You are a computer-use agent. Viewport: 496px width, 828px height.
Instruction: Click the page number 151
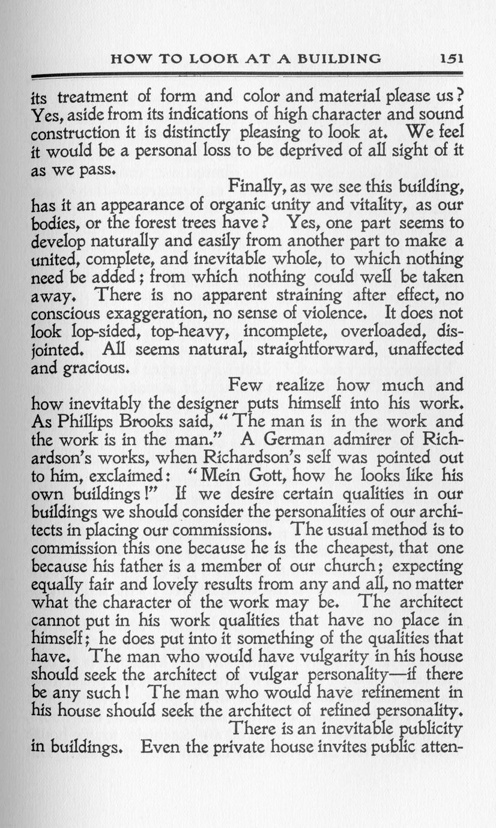tap(451, 58)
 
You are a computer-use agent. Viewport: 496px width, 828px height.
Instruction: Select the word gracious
tap(96, 367)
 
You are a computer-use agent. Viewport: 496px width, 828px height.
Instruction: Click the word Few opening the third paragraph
tap(248, 385)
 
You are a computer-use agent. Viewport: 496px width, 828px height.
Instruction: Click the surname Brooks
tap(154, 421)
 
